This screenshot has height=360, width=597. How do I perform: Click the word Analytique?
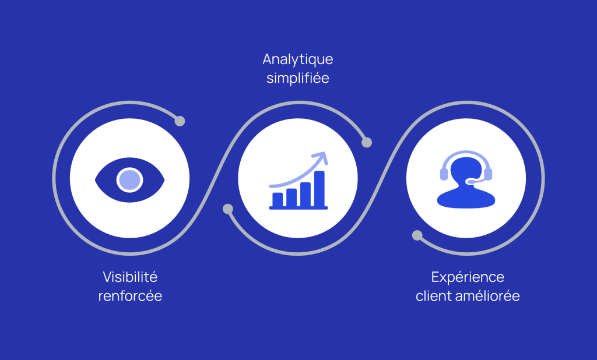coord(298,60)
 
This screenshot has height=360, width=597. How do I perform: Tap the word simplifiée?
coord(298,79)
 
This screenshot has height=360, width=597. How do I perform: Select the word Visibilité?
coord(130,277)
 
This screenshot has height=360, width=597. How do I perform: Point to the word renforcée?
coord(130,296)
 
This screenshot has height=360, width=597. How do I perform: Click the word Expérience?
coord(468,277)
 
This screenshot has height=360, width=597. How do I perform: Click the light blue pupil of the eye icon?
coord(130,179)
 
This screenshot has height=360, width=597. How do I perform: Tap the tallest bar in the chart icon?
coord(319,189)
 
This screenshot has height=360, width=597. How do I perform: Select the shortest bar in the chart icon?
coord(278,199)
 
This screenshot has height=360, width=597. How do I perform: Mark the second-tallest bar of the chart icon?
coord(305,194)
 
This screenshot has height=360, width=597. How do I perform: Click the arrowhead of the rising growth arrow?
coord(321,157)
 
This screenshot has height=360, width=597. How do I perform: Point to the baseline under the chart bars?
coord(298,208)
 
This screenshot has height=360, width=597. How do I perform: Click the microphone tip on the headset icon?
coord(471,182)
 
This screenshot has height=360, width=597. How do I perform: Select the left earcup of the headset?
coord(444,174)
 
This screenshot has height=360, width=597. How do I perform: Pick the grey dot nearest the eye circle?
coord(180,121)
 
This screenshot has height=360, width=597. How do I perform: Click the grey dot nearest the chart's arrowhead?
coord(367,142)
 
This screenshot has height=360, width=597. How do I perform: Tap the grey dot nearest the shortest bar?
coord(228,209)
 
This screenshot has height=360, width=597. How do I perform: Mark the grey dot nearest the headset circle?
coord(417,235)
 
